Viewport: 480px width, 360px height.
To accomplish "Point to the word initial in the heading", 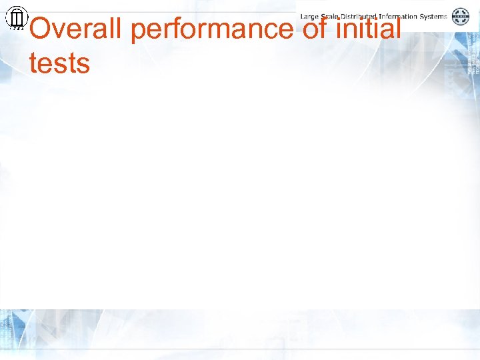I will [370, 29].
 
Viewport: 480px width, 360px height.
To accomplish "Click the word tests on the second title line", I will [59, 64].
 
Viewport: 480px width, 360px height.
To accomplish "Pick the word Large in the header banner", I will [311, 16].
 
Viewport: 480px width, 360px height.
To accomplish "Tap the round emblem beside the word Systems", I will [461, 17].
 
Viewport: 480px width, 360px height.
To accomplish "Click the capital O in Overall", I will [41, 29].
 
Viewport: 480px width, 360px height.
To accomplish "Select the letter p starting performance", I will [139, 33].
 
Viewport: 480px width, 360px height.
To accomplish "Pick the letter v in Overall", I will [61, 31].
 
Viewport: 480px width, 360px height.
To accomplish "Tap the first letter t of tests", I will [33, 64].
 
